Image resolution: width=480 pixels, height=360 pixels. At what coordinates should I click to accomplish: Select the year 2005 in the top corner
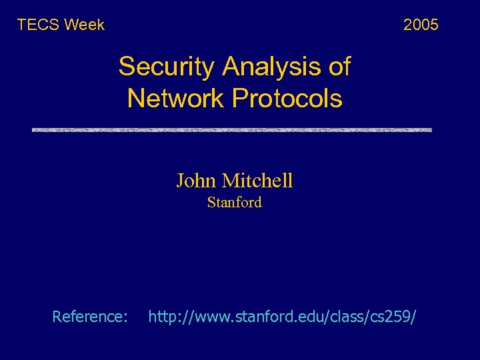coord(421,25)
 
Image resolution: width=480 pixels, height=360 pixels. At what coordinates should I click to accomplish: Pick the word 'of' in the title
coord(339,67)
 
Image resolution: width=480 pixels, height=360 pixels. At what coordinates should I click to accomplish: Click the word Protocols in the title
coord(287,99)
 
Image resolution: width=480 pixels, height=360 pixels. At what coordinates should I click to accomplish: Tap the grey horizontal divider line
coord(232,129)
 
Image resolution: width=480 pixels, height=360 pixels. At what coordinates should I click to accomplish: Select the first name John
coord(196,181)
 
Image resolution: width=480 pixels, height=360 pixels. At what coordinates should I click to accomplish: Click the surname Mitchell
coord(257,181)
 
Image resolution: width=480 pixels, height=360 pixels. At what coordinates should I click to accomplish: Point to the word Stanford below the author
coord(235,203)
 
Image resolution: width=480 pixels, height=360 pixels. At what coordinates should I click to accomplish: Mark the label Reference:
coord(90,317)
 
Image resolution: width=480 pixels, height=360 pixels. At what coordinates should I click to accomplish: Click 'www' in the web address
coord(210,317)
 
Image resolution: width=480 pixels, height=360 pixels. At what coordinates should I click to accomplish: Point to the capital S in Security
coord(126,67)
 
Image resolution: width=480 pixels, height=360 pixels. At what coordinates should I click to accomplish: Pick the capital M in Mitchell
coord(230,181)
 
